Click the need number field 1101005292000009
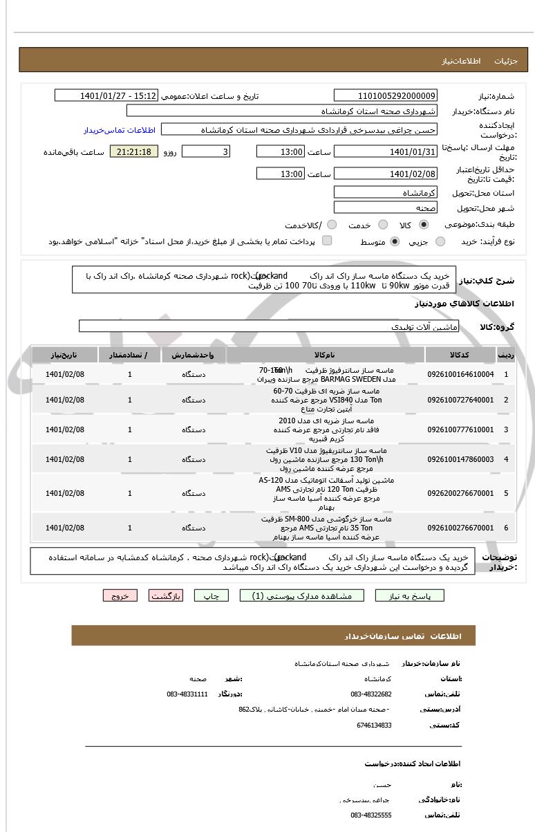(x=386, y=95)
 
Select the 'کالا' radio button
(x=424, y=225)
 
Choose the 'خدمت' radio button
(x=380, y=225)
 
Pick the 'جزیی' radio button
(x=440, y=241)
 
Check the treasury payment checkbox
(x=327, y=241)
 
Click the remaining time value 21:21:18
(x=134, y=151)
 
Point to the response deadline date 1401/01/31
(x=386, y=151)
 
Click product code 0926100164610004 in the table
(x=460, y=374)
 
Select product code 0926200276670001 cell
(x=460, y=493)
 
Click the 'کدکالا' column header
(x=460, y=355)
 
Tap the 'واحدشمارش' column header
(x=194, y=355)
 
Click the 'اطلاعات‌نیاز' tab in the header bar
(x=458, y=61)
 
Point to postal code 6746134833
(x=374, y=725)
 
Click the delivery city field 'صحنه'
(x=386, y=207)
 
